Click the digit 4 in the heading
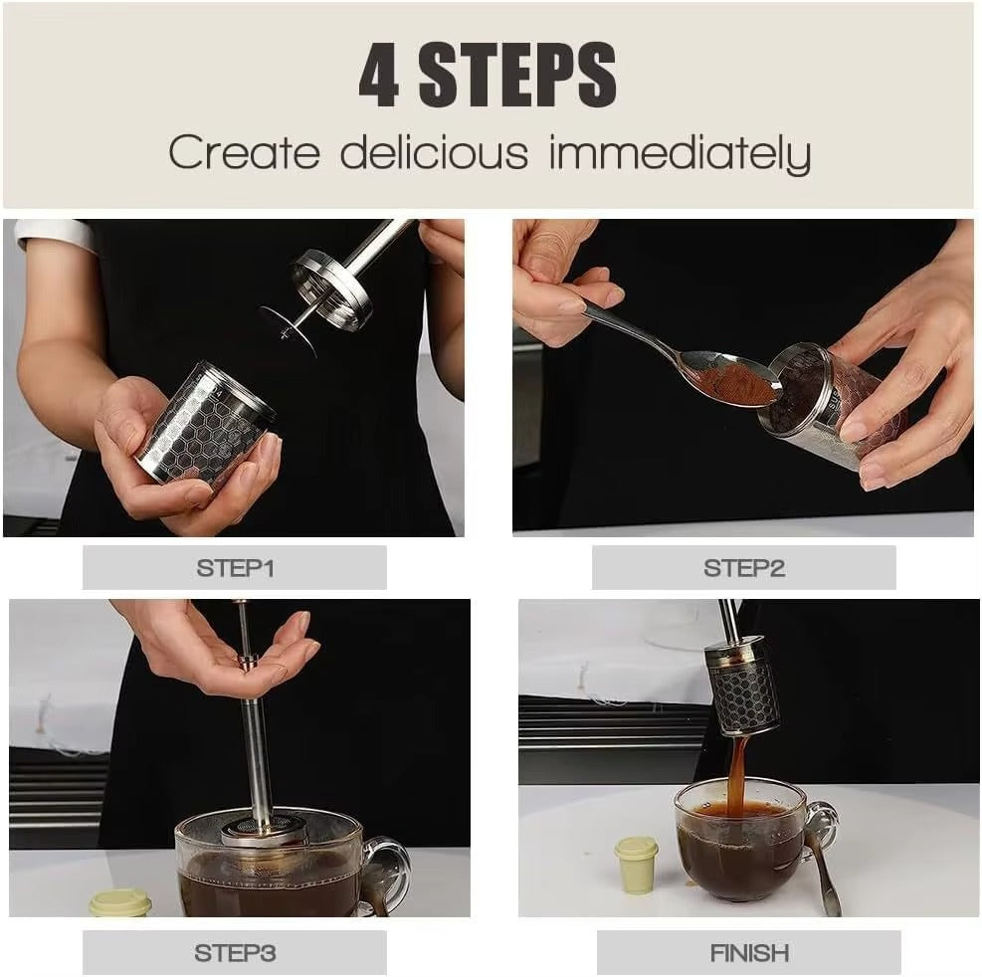coord(379,76)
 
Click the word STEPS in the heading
coord(517,76)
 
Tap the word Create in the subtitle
coord(244,152)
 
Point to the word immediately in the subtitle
coord(681,154)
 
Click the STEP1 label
coord(235,568)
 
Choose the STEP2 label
coord(744,568)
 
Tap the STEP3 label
coord(235,952)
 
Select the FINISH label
coord(749,952)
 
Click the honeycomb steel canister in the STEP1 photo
coord(207,425)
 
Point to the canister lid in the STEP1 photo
coord(332,290)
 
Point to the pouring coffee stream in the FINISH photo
coord(738,772)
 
